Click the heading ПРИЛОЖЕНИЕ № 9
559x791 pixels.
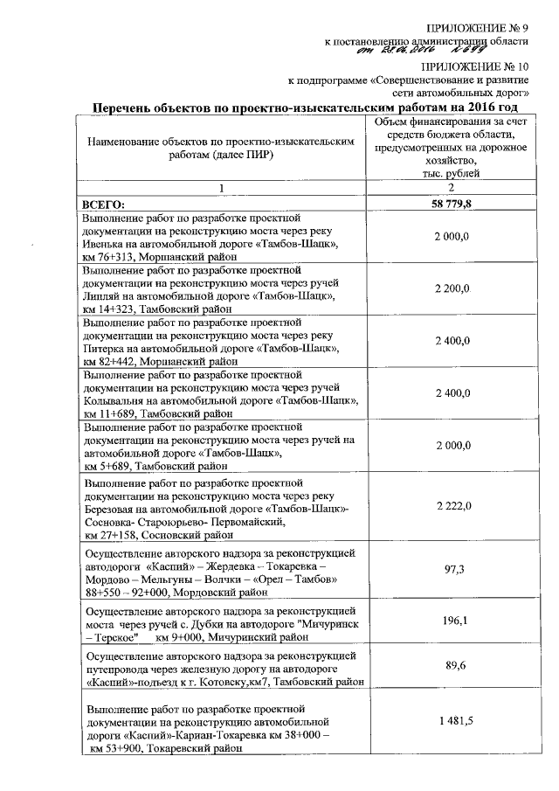click(478, 29)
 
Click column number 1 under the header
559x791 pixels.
click(222, 188)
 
